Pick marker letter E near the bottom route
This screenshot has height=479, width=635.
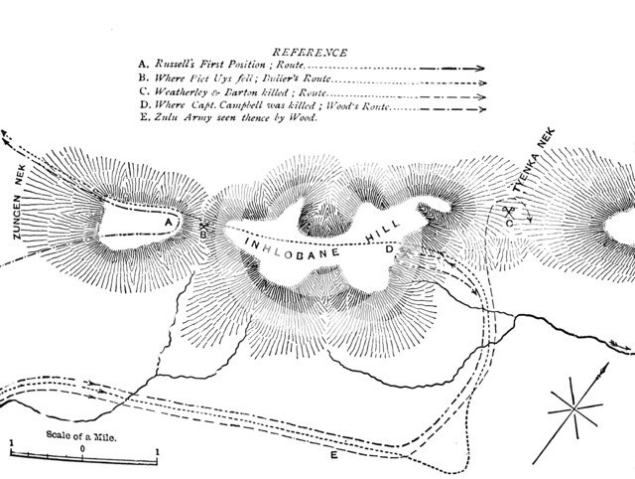(334, 455)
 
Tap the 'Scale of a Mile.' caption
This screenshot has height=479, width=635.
(83, 434)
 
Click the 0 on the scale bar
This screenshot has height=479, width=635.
(83, 450)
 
